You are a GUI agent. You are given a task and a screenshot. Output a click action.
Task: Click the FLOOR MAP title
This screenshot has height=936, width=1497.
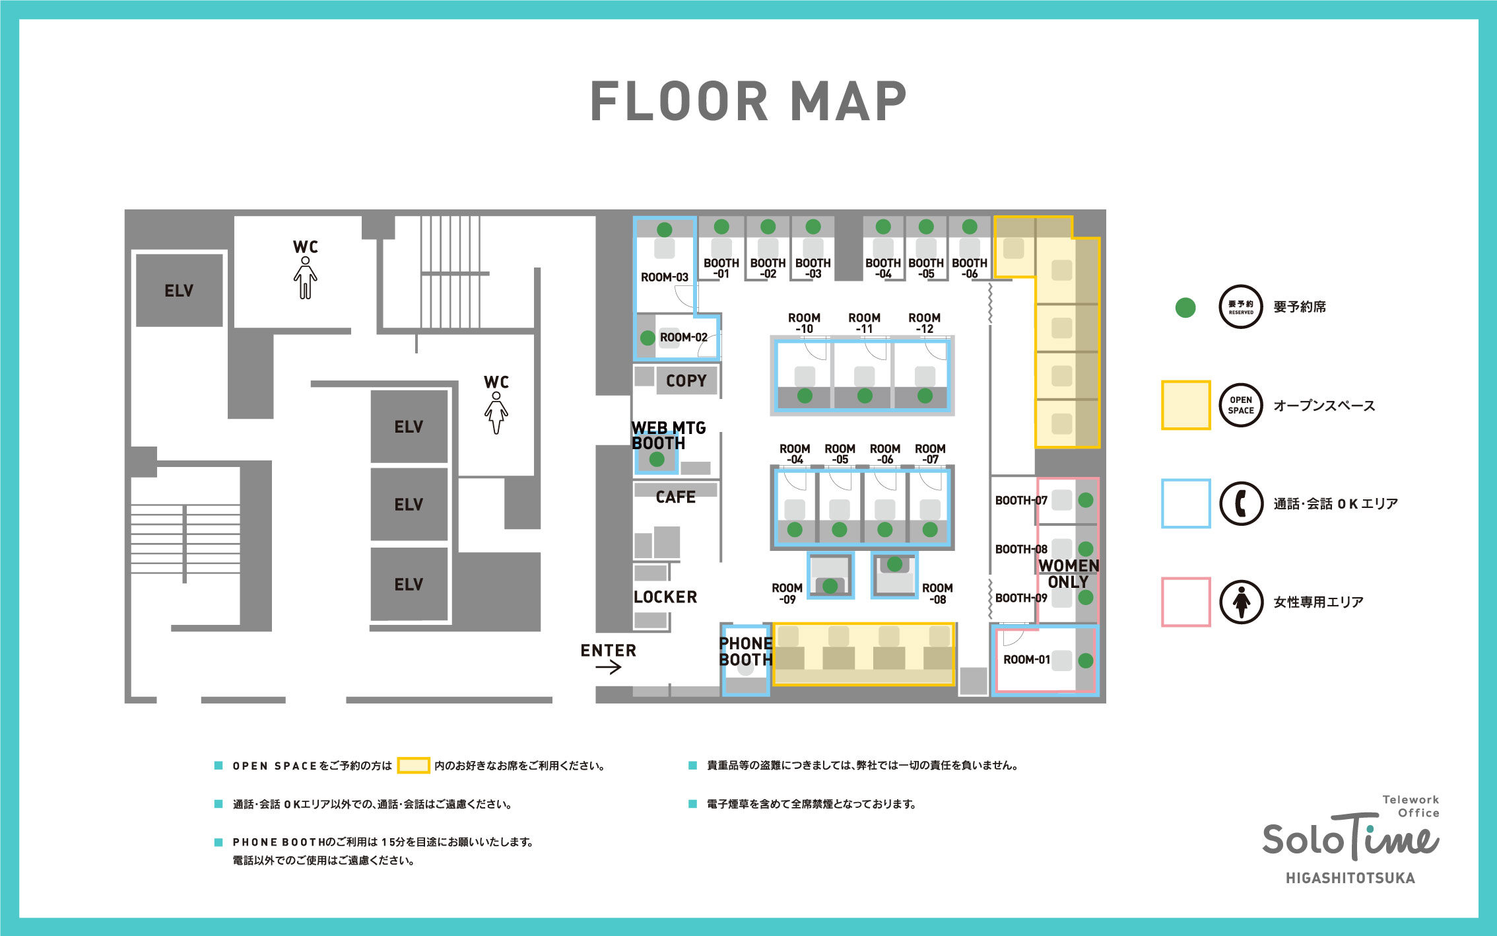coord(748,101)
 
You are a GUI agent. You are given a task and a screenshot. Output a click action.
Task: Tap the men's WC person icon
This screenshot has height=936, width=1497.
coord(305,277)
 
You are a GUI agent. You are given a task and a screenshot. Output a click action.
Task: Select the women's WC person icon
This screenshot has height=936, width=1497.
coord(496,413)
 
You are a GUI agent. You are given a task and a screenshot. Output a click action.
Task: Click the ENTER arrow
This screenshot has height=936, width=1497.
coord(608,667)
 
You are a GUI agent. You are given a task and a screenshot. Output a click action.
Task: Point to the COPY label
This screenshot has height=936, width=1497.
coord(686,380)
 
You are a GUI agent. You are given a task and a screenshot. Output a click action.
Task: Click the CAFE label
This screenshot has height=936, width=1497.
coord(675,497)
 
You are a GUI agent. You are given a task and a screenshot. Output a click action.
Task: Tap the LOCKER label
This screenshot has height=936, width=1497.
coord(665,597)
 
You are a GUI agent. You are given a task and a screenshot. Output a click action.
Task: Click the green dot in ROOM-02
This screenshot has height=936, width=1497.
coord(648,338)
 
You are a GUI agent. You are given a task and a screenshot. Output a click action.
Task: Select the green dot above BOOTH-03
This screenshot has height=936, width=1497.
coord(813,227)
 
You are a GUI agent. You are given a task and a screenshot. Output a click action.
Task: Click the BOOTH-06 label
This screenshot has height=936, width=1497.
coord(969,268)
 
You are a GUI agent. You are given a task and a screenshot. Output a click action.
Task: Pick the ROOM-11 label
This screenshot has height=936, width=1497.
coord(864,323)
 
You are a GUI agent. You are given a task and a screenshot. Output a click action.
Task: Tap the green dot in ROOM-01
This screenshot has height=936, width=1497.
coord(1086,660)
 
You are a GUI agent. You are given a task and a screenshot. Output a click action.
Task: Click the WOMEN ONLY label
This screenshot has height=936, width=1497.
coord(1069,574)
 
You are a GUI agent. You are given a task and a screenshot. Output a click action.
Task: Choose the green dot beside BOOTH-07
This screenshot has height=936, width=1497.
coord(1086,500)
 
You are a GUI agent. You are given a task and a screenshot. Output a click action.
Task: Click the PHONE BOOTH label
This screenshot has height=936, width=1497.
coord(745,651)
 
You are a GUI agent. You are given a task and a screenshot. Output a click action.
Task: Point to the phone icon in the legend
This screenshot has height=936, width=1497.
coord(1241,503)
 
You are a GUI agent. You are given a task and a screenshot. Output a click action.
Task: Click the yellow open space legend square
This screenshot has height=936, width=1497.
coord(1185,405)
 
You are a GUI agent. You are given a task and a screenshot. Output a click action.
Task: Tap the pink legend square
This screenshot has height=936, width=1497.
coord(1185,602)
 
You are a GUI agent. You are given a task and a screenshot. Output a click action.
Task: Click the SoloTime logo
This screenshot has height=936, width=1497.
coord(1350,836)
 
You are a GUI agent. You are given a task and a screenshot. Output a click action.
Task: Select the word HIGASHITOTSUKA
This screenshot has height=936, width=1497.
coord(1350,878)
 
